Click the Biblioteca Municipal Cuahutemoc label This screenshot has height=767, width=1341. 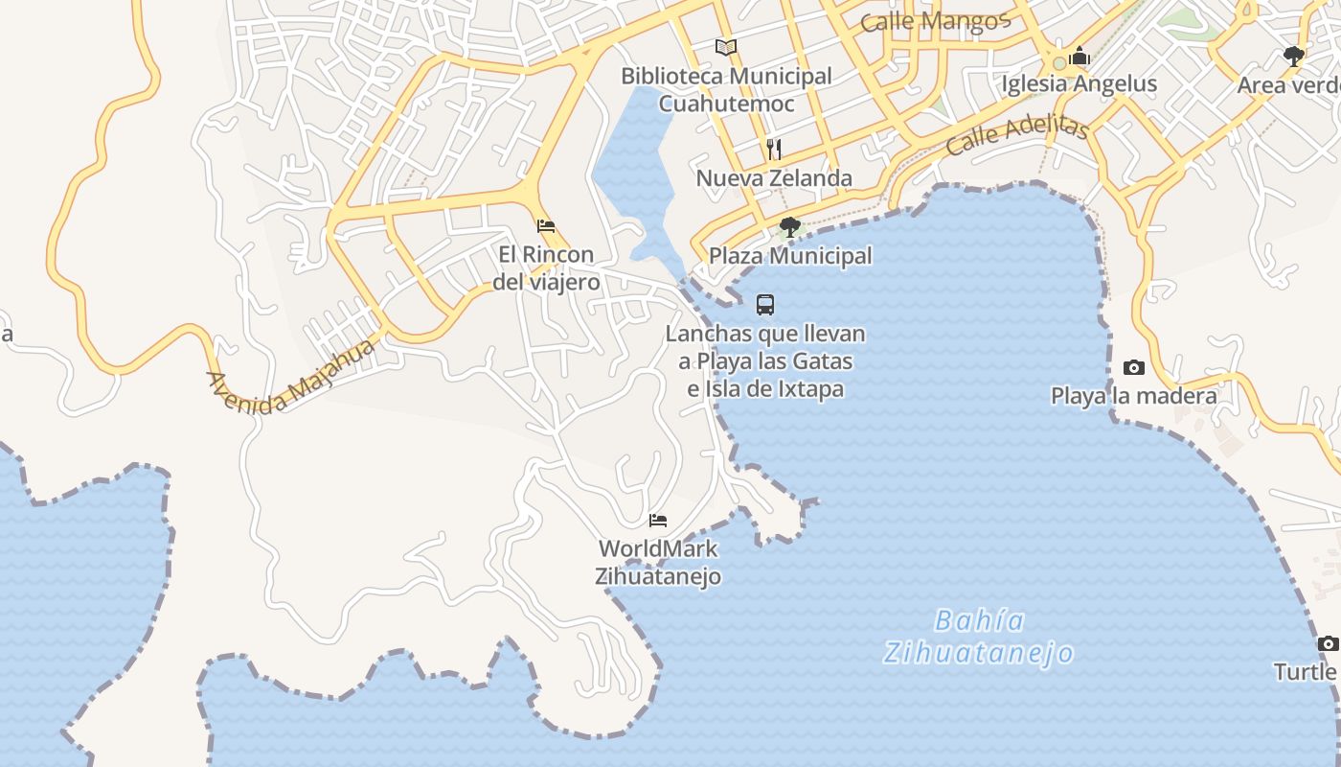726,89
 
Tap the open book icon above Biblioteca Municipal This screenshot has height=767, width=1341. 726,47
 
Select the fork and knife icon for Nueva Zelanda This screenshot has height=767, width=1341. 774,149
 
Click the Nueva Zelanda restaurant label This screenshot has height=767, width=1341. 774,178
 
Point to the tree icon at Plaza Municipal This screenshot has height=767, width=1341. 790,227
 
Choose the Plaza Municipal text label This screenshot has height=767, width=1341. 790,256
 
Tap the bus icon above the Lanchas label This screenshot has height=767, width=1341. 765,305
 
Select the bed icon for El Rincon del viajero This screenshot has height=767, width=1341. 546,226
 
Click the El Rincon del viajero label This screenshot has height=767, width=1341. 546,267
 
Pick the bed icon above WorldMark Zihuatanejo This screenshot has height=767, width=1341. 658,521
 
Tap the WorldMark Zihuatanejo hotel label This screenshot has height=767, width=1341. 658,563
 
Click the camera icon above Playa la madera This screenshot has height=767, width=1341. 1134,367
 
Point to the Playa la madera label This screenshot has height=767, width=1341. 1134,396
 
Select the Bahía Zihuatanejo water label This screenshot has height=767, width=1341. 978,637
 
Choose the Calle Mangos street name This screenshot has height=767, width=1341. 935,21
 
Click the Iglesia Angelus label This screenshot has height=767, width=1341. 1080,83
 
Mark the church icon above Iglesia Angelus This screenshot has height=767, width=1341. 1080,56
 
